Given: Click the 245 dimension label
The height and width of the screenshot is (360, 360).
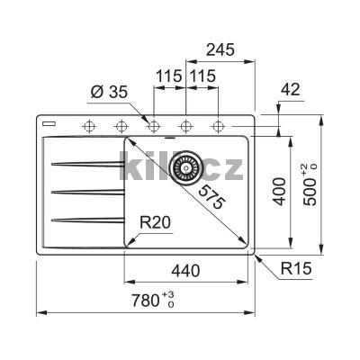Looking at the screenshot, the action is click(x=220, y=49).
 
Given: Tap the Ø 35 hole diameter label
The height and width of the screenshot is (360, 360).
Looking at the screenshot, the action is click(x=109, y=93).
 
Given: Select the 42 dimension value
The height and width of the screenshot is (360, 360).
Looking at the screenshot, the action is click(x=290, y=89).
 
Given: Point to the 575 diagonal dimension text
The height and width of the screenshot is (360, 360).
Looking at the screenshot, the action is click(x=211, y=197).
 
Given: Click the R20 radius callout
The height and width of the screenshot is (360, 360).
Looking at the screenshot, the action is click(x=155, y=222).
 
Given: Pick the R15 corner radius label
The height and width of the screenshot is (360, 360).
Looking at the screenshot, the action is click(x=296, y=268).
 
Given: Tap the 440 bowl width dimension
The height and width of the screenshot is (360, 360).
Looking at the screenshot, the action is click(x=185, y=271).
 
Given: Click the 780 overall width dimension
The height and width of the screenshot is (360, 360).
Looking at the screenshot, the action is click(x=153, y=301).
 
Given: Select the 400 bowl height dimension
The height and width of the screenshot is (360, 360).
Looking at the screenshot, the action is click(x=280, y=192).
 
